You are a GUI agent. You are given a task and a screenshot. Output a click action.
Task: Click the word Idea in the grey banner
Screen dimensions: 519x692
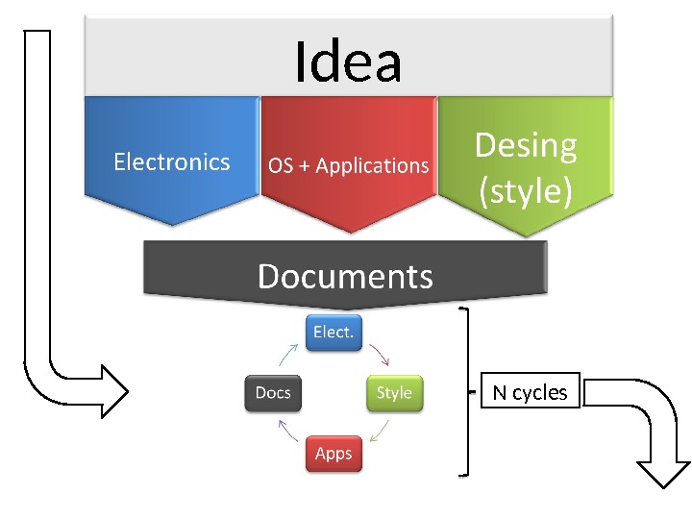coord(348,62)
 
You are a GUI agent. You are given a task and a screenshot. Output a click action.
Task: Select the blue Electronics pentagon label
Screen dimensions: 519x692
coord(172,161)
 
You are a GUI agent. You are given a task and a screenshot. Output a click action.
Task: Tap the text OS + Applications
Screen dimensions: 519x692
coord(348,165)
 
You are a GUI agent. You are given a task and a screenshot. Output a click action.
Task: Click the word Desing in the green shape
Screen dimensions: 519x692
coord(526,145)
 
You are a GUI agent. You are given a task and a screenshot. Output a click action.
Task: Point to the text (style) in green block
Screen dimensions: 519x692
coord(526,190)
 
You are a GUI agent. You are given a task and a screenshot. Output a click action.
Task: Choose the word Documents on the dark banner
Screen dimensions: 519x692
coord(345,277)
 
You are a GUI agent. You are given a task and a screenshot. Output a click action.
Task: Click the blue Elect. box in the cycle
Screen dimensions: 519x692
coord(334,332)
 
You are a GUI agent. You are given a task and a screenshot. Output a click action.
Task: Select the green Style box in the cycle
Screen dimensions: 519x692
coord(394,392)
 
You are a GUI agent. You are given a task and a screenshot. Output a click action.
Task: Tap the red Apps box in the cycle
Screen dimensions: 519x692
coord(334,453)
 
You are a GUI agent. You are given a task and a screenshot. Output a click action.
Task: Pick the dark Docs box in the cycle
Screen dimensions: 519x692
coord(273,392)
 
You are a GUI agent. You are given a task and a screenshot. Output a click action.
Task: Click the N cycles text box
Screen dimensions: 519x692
coord(530,392)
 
